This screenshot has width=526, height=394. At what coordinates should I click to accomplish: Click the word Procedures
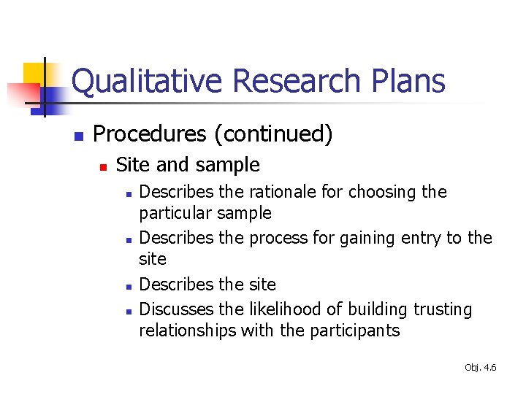(150, 134)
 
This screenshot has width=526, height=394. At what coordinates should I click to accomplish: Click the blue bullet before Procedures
(79, 136)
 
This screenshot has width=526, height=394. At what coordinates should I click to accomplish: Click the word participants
(354, 331)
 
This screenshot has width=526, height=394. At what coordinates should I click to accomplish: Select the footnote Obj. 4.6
(480, 368)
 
